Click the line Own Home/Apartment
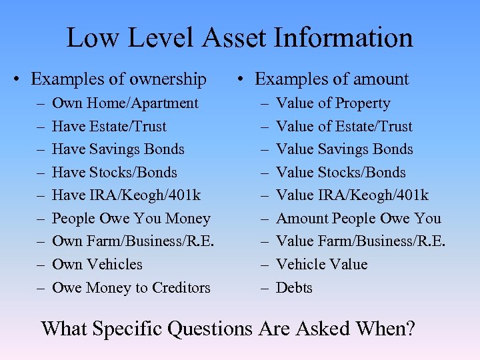pyautogui.click(x=125, y=103)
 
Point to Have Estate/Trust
pyautogui.click(x=109, y=126)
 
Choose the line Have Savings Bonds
pyautogui.click(x=117, y=149)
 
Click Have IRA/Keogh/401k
pyautogui.click(x=126, y=195)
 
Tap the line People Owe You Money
pyautogui.click(x=131, y=219)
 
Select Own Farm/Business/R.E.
pyautogui.click(x=133, y=241)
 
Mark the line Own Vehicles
pyautogui.click(x=97, y=265)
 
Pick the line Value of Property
pyautogui.click(x=333, y=103)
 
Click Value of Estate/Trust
pyautogui.click(x=344, y=126)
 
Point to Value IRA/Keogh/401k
pyautogui.click(x=352, y=195)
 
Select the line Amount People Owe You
pyautogui.click(x=358, y=219)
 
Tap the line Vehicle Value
pyautogui.click(x=321, y=265)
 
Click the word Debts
pyautogui.click(x=294, y=288)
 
